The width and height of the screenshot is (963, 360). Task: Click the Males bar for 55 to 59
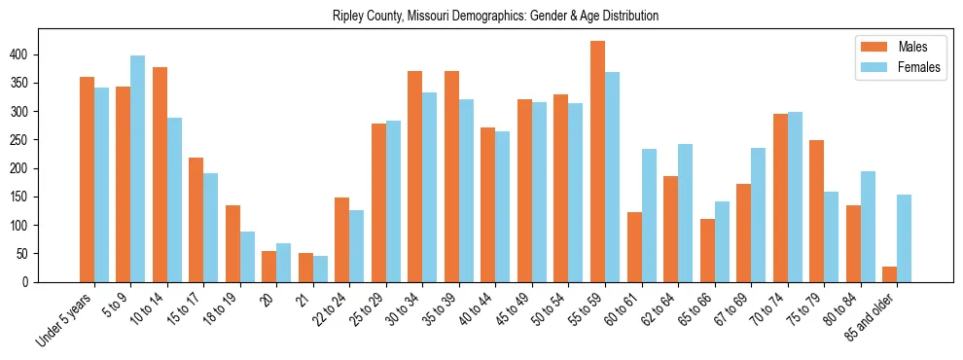[597, 162]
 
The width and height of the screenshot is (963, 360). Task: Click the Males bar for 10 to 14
[160, 174]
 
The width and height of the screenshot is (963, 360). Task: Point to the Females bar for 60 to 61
[649, 215]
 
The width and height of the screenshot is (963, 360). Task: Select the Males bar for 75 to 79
[816, 211]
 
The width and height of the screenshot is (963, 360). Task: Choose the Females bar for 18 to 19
[247, 257]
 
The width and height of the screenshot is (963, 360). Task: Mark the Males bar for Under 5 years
[87, 179]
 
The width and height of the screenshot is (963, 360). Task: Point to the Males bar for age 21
[305, 268]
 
